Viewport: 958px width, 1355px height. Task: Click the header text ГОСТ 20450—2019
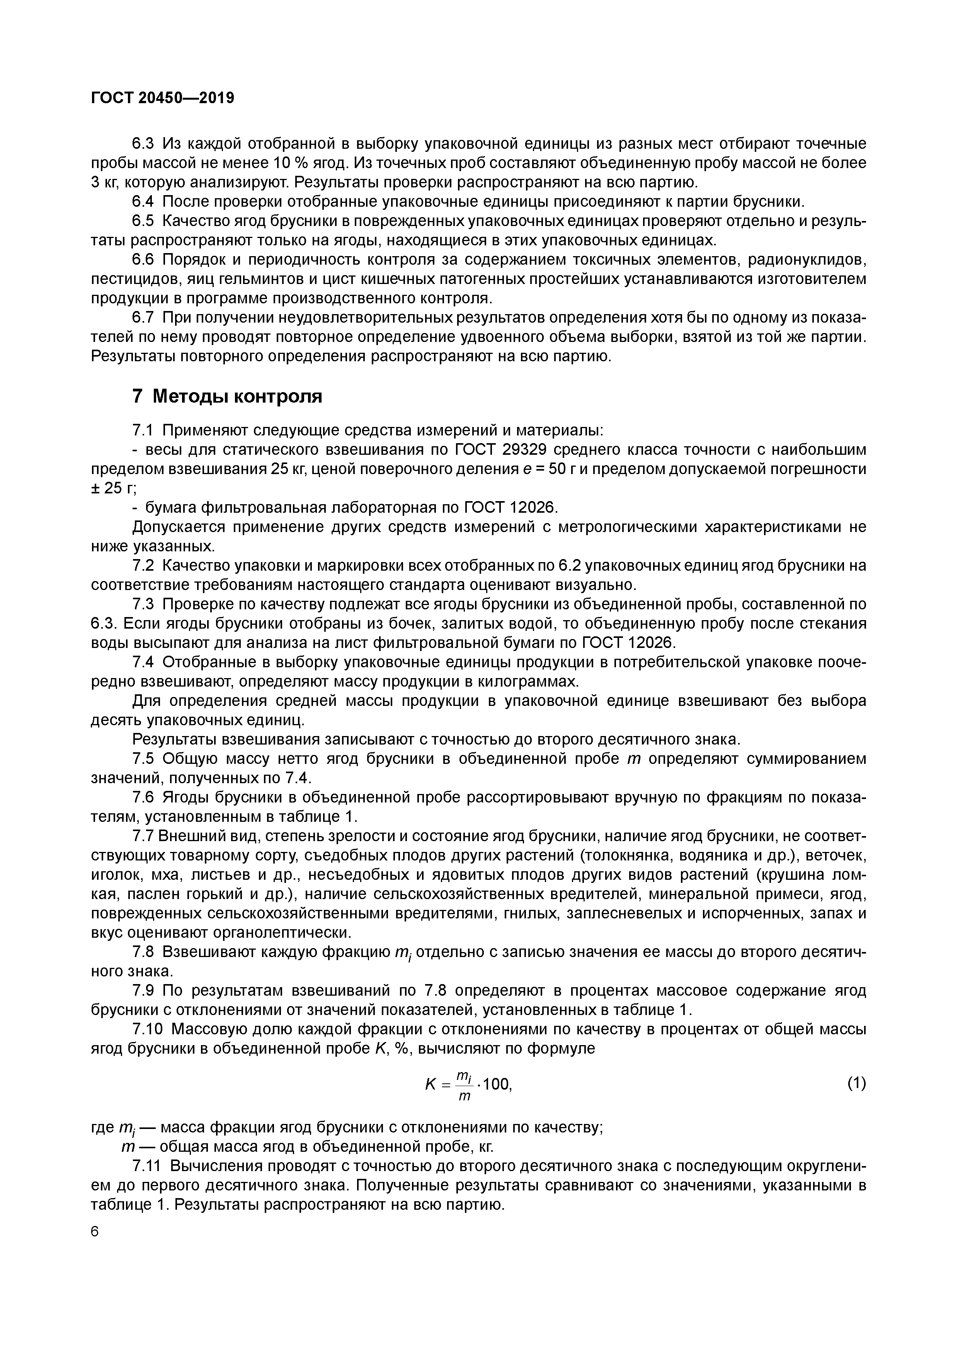(162, 97)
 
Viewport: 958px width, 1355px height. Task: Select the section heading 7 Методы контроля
(227, 396)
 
